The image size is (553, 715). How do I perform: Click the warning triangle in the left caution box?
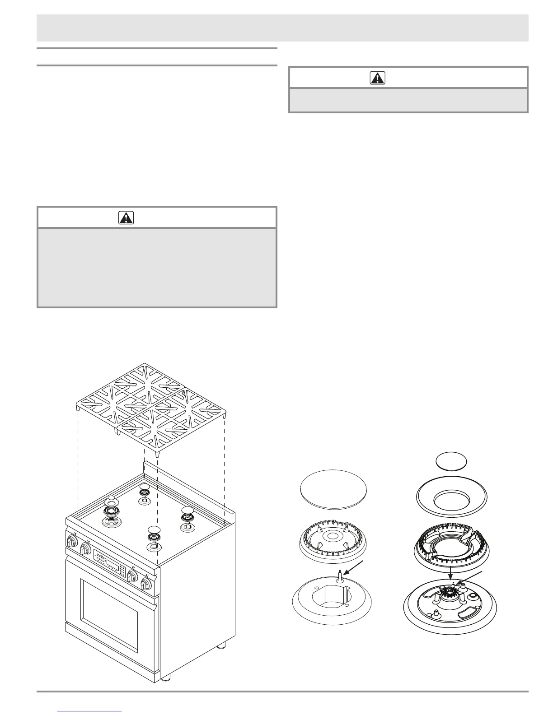[x=126, y=218]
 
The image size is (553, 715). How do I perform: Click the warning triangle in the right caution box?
[x=377, y=78]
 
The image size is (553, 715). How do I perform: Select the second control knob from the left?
[x=85, y=549]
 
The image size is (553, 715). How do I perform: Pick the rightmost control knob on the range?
[x=145, y=584]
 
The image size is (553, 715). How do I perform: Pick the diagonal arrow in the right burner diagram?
[x=473, y=579]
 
